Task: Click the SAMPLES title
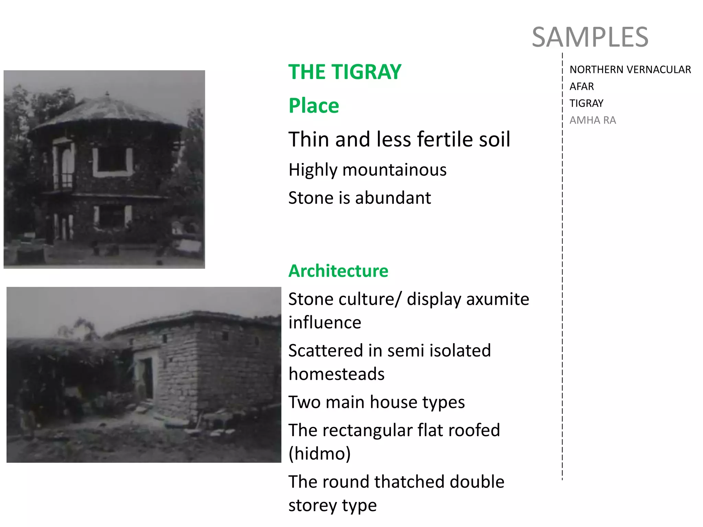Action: pyautogui.click(x=590, y=37)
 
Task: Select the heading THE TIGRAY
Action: pyautogui.click(x=345, y=72)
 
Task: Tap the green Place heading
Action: pyautogui.click(x=313, y=105)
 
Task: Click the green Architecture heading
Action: pyautogui.click(x=338, y=271)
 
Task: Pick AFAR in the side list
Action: pyautogui.click(x=581, y=86)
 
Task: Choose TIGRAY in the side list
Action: pyautogui.click(x=586, y=103)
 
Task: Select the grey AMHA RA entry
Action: pyautogui.click(x=592, y=120)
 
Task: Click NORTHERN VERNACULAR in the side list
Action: pyautogui.click(x=630, y=70)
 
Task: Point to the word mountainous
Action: pyautogui.click(x=394, y=170)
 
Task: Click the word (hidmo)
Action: pyautogui.click(x=320, y=454)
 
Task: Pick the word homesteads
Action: pyautogui.click(x=336, y=374)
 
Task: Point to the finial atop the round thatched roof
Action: pyautogui.click(x=107, y=93)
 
